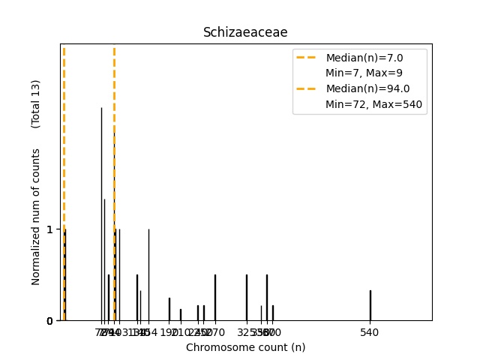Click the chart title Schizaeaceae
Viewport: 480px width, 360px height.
[245, 33]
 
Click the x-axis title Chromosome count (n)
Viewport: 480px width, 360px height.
[245, 347]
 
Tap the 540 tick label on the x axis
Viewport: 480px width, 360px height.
[370, 332]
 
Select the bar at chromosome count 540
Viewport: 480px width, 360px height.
[370, 305]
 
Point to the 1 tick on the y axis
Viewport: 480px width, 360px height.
[50, 229]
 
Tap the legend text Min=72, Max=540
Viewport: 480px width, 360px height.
[376, 104]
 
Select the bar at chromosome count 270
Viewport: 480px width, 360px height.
[215, 298]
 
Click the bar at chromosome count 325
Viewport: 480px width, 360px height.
[247, 298]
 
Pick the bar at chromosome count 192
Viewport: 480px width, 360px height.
[169, 309]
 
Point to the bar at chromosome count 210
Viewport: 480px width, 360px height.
[180, 315]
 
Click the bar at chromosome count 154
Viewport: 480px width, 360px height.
[148, 274]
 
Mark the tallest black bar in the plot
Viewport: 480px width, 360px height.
[102, 214]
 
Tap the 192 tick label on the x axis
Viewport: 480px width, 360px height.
[168, 332]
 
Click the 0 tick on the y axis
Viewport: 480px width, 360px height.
[50, 321]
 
